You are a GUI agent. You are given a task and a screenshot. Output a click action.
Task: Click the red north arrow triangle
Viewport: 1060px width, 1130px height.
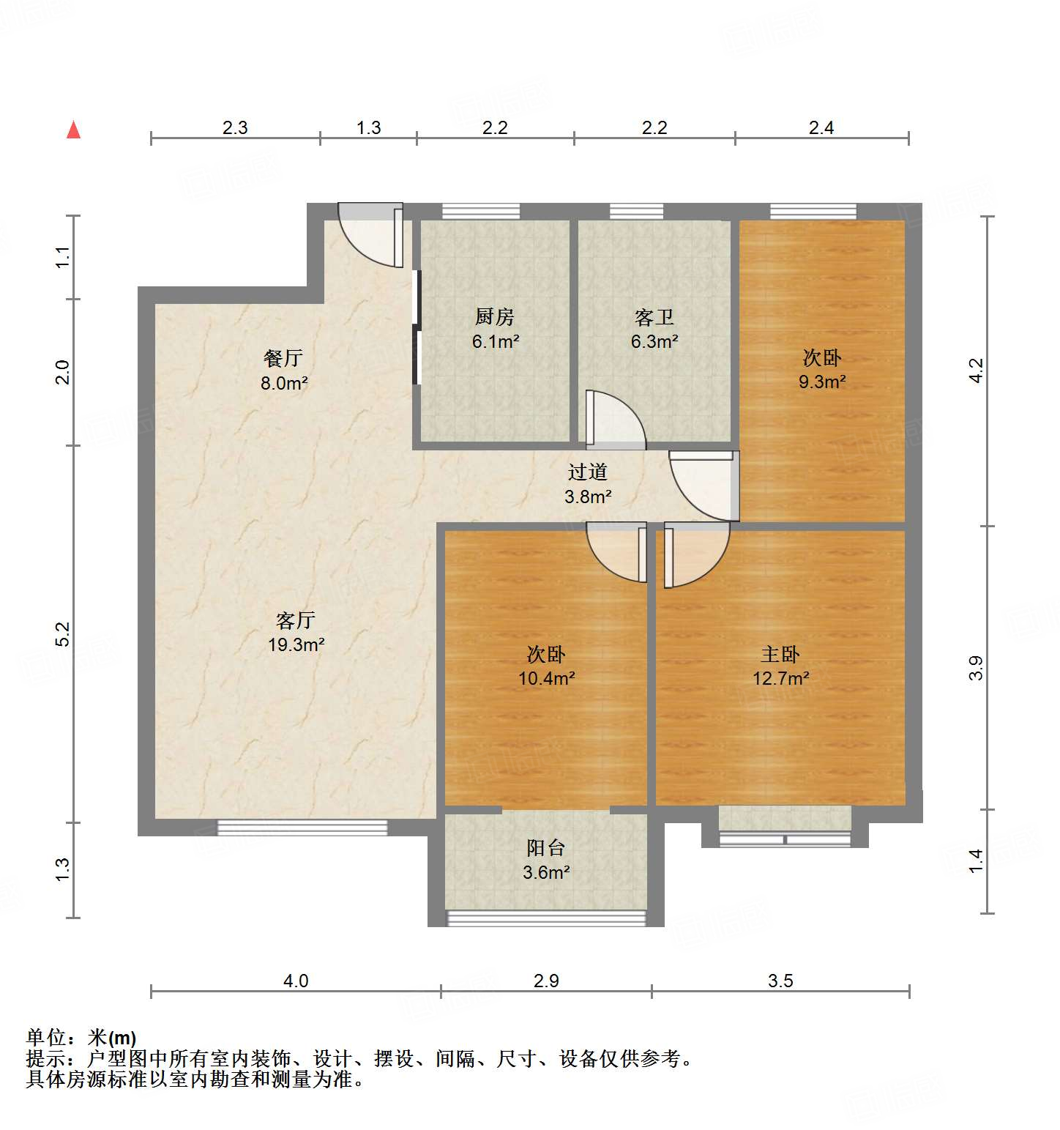pos(73,130)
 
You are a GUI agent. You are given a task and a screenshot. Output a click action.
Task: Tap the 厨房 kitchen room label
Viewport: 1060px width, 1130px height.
pos(495,317)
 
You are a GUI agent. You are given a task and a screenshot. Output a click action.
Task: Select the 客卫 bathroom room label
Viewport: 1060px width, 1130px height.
pos(654,317)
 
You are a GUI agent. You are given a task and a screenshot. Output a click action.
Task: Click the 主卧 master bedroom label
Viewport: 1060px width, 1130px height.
pos(780,654)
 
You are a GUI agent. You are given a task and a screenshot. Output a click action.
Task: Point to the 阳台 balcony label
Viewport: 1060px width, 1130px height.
pos(546,848)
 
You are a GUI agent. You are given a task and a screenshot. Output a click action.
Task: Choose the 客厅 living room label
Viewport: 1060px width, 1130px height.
pos(296,620)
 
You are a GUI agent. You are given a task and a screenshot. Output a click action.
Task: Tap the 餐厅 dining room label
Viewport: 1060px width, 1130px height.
pos(283,358)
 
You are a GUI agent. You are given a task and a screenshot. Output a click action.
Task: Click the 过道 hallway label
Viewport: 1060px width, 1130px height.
pos(587,472)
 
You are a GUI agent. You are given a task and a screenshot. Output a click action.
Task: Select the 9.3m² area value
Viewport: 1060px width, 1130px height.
pos(822,382)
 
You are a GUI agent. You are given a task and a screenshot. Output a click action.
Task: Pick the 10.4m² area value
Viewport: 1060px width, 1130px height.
pos(546,678)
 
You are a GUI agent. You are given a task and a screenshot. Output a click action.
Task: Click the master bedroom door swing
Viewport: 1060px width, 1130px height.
pos(696,553)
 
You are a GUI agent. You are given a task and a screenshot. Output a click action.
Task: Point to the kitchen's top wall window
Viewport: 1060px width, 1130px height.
pos(481,212)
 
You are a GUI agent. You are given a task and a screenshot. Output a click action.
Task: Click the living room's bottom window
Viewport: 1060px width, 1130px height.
pos(302,828)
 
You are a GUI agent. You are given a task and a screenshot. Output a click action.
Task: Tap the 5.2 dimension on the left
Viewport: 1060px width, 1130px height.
pos(63,633)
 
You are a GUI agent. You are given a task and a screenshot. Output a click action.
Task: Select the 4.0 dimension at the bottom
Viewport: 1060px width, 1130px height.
pos(296,981)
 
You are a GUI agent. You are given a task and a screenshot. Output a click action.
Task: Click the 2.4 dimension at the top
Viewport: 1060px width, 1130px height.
pos(821,128)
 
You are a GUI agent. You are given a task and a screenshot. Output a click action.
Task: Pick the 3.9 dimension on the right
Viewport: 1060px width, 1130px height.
pos(976,668)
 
